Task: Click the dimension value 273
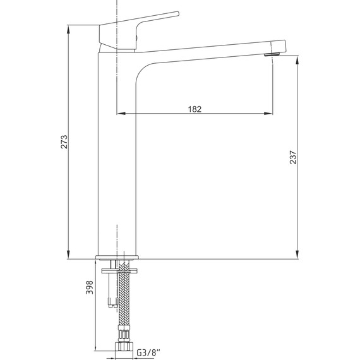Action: point(64,142)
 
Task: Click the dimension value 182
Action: point(195,109)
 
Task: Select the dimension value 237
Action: point(293,157)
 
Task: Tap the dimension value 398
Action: point(89,287)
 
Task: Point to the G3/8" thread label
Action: point(148,352)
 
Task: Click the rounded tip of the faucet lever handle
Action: point(177,14)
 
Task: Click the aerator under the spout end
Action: point(272,55)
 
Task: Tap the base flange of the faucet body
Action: point(117,258)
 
